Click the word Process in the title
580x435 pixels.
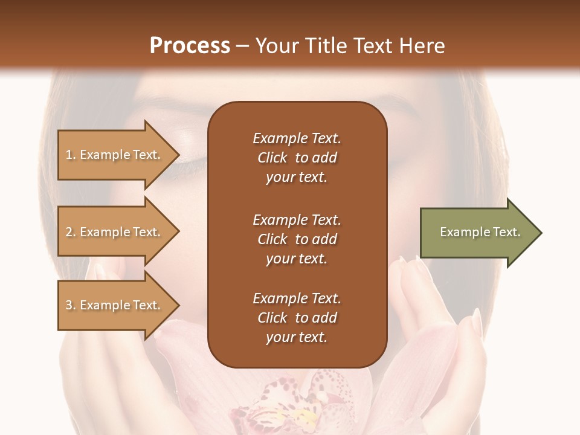tap(190, 46)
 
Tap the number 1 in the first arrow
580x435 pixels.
tap(69, 155)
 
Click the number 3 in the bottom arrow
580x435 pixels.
tap(69, 305)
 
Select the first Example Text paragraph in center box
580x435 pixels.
tap(297, 158)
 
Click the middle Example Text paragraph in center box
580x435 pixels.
tap(297, 239)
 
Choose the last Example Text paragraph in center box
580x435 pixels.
tap(297, 318)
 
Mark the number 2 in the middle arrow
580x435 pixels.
tap(69, 232)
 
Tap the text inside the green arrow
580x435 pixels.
tap(480, 232)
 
